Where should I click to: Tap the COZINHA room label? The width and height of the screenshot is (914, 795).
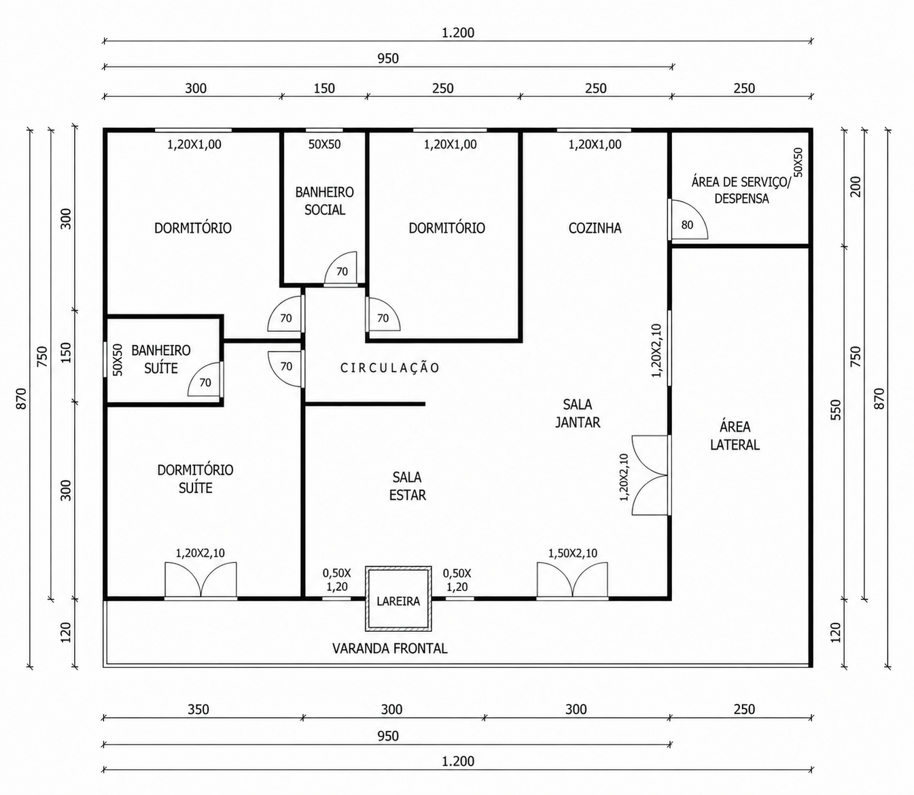tap(595, 229)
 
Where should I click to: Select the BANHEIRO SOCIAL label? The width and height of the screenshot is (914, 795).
tap(325, 201)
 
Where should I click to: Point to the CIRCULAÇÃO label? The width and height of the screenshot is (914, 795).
tap(390, 367)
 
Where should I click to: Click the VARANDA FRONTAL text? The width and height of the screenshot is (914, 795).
tap(389, 648)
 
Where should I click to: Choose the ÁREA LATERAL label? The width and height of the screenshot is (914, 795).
tap(735, 436)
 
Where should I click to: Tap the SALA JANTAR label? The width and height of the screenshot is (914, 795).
tap(578, 413)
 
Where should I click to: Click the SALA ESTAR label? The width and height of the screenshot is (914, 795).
tap(408, 486)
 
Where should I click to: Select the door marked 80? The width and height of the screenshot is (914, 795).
tap(688, 219)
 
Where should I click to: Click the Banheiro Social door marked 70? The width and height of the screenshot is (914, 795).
tap(341, 268)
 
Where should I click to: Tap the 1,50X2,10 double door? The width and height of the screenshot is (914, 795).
tap(572, 580)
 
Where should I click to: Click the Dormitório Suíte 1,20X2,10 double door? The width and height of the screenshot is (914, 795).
tap(200, 580)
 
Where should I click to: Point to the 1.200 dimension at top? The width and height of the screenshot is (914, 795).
tap(458, 33)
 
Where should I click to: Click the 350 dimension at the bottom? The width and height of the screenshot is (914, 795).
tap(198, 709)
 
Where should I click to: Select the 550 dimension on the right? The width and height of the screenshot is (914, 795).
tap(836, 410)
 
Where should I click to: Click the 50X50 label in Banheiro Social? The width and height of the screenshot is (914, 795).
tap(325, 144)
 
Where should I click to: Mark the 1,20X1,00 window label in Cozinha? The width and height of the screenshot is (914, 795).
tap(595, 144)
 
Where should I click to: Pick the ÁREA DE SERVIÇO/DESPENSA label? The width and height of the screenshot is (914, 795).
tap(741, 190)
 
